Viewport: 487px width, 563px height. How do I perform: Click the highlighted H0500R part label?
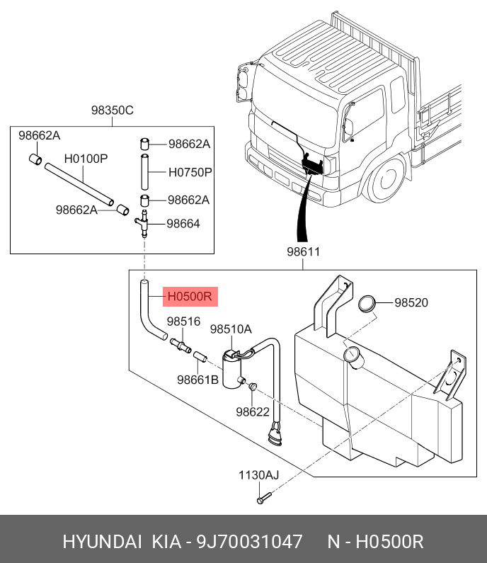click(x=190, y=296)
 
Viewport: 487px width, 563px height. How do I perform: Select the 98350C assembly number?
click(x=112, y=110)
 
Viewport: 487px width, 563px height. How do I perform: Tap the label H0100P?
click(x=86, y=158)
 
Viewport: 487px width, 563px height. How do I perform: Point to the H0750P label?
click(x=190, y=171)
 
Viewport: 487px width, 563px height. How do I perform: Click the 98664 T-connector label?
click(x=183, y=223)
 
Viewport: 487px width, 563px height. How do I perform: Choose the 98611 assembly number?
click(x=304, y=251)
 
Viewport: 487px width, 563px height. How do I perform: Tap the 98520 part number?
click(x=411, y=302)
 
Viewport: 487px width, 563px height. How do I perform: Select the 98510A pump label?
click(x=231, y=329)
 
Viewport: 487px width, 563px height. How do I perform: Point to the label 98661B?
click(x=198, y=380)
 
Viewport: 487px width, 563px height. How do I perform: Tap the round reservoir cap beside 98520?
click(x=367, y=304)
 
